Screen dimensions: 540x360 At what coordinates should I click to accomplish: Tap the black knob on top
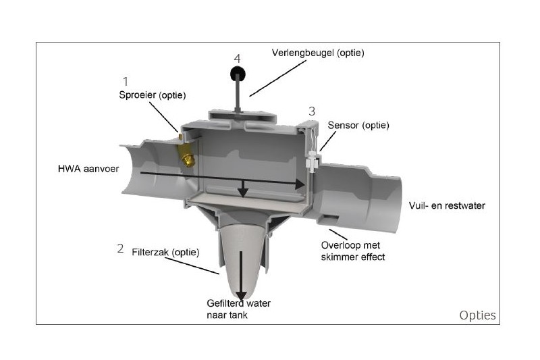pyautogui.click(x=238, y=74)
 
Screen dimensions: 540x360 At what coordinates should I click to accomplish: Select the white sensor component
pyautogui.click(x=313, y=161)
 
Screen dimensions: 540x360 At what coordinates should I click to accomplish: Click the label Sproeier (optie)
pyautogui.click(x=153, y=95)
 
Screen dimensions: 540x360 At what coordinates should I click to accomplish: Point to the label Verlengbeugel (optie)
pyautogui.click(x=318, y=53)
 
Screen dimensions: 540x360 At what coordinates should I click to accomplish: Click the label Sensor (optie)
pyautogui.click(x=358, y=125)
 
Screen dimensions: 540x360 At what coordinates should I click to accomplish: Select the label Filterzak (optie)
pyautogui.click(x=165, y=252)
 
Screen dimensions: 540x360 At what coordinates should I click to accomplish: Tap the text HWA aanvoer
pyautogui.click(x=88, y=169)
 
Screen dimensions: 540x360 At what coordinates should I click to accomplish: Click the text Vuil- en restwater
pyautogui.click(x=447, y=205)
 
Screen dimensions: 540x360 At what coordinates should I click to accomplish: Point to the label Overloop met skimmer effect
pyautogui.click(x=353, y=251)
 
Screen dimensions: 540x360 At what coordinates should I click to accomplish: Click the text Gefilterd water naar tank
pyautogui.click(x=239, y=309)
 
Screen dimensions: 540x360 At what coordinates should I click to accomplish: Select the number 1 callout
pyautogui.click(x=126, y=81)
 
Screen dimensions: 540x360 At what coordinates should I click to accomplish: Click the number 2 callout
pyautogui.click(x=120, y=249)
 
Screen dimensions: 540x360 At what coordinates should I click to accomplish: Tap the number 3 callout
pyautogui.click(x=312, y=111)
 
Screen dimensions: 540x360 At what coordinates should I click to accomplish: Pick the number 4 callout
pyautogui.click(x=237, y=59)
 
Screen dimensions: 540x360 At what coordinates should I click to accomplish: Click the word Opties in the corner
pyautogui.click(x=478, y=315)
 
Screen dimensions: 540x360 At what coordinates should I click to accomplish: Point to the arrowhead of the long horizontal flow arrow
pyautogui.click(x=300, y=184)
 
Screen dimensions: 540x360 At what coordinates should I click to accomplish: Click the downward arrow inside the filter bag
pyautogui.click(x=241, y=276)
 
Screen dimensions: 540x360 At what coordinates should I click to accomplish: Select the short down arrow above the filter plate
pyautogui.click(x=243, y=189)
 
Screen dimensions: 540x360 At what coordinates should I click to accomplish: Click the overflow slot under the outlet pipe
pyautogui.click(x=329, y=217)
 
